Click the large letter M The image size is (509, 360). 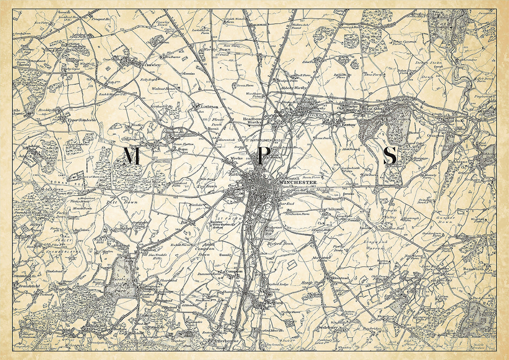pyautogui.click(x=132, y=156)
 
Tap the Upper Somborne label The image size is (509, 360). pyautogui.click(x=83, y=120)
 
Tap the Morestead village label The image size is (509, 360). pyautogui.click(x=340, y=278)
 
